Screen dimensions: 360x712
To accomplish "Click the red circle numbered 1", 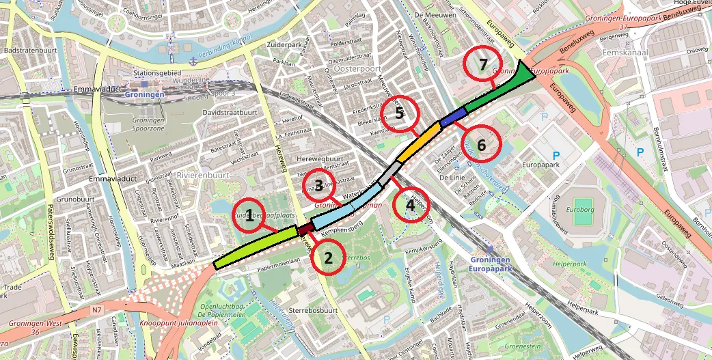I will click(x=250, y=217).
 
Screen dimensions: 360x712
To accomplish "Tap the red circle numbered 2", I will click(x=329, y=258).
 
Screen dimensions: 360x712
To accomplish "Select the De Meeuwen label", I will click(x=435, y=13).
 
